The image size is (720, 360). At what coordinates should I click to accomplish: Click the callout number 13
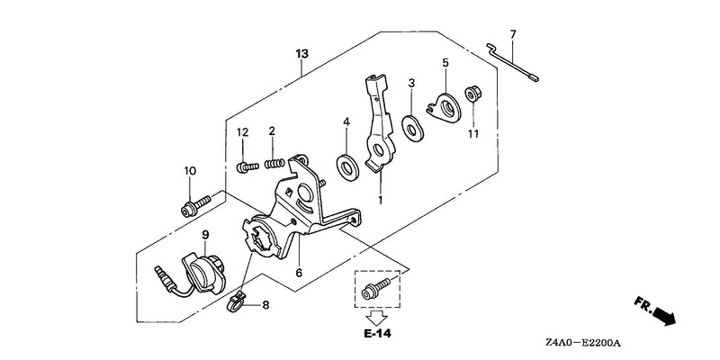(x=301, y=54)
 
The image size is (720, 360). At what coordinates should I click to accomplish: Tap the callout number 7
(x=513, y=34)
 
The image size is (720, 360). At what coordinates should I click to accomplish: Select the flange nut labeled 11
(x=472, y=94)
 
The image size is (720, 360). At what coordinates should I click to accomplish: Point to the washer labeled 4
(x=347, y=167)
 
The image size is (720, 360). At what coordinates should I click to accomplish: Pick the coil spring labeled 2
(x=275, y=163)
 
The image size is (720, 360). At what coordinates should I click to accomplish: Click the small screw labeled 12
(x=247, y=166)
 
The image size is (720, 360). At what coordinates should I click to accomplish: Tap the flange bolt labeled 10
(x=195, y=206)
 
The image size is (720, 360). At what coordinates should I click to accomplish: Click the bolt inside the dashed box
(x=376, y=289)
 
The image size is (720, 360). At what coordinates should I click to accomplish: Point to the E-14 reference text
(x=378, y=333)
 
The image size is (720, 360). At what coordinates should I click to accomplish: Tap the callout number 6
(x=299, y=274)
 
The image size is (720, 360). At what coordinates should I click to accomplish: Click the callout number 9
(x=205, y=235)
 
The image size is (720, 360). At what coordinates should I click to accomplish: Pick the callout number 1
(x=380, y=200)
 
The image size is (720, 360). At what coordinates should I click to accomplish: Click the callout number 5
(x=445, y=62)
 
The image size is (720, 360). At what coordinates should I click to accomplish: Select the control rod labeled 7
(x=512, y=62)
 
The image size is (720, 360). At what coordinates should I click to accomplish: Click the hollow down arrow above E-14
(x=377, y=317)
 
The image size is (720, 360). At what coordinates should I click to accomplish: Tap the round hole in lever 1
(x=379, y=149)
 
